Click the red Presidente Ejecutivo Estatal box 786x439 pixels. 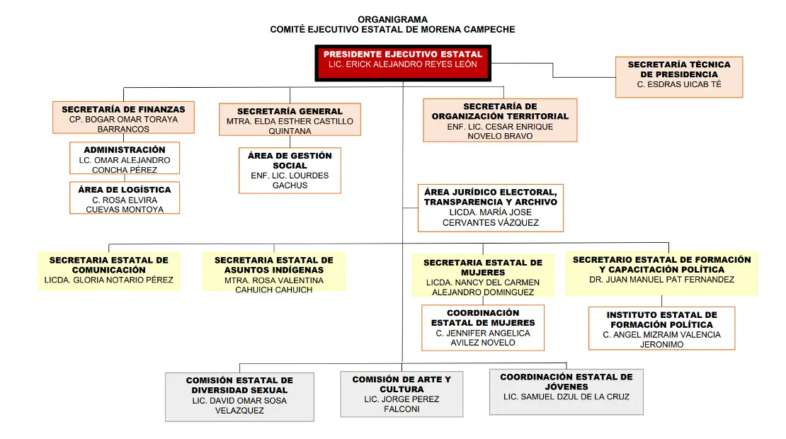(x=402, y=63)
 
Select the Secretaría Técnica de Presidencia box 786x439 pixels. (x=679, y=76)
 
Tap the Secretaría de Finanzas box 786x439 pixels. (x=123, y=118)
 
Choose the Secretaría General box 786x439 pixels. (x=290, y=119)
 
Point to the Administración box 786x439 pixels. (x=125, y=159)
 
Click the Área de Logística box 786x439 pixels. (x=125, y=198)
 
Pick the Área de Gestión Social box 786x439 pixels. (x=290, y=171)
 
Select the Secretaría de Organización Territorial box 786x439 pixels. (x=500, y=120)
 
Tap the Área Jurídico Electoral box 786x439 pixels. (x=490, y=208)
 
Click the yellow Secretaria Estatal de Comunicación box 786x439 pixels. (x=109, y=270)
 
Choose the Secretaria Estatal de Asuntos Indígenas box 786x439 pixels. (x=274, y=271)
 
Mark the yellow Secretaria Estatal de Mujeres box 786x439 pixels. (x=483, y=275)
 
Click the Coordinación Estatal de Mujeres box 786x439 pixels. (x=483, y=328)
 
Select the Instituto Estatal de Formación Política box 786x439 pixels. (x=661, y=329)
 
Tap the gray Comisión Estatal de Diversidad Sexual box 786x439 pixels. (x=239, y=397)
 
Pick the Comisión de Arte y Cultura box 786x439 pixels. (x=401, y=394)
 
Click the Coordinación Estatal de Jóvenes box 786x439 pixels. (x=566, y=392)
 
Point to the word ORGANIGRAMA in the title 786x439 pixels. (x=392, y=20)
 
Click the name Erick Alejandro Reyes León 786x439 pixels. (x=402, y=64)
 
